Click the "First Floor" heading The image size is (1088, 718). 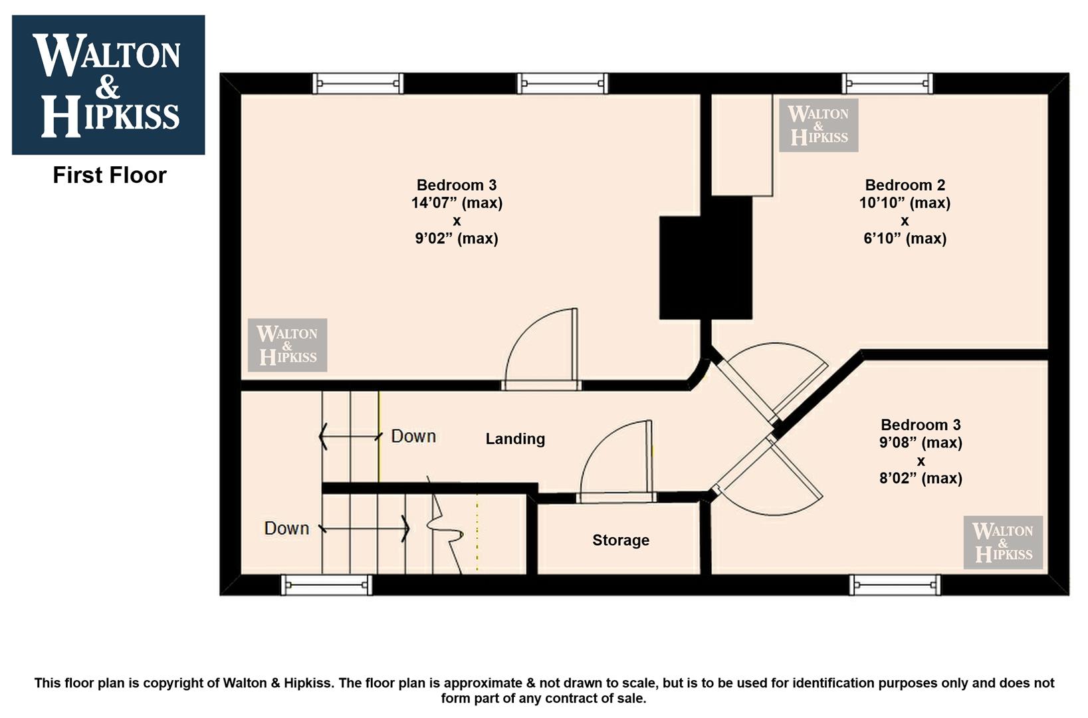(x=110, y=176)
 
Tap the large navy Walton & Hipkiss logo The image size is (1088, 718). (x=108, y=85)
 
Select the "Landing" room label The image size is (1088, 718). (x=515, y=439)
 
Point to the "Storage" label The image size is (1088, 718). (x=621, y=540)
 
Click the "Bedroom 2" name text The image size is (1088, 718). (x=905, y=185)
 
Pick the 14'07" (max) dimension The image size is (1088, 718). (x=457, y=203)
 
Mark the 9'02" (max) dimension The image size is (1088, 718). (x=457, y=239)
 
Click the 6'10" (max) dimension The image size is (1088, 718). (x=905, y=239)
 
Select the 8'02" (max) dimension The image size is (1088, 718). (x=921, y=479)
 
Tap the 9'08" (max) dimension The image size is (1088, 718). (x=921, y=443)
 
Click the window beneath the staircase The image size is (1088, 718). (x=327, y=585)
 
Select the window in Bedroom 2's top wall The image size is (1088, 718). (x=887, y=84)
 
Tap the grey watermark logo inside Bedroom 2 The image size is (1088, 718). (x=819, y=126)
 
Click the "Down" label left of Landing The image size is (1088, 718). (x=413, y=436)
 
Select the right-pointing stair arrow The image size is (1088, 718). (x=364, y=529)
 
